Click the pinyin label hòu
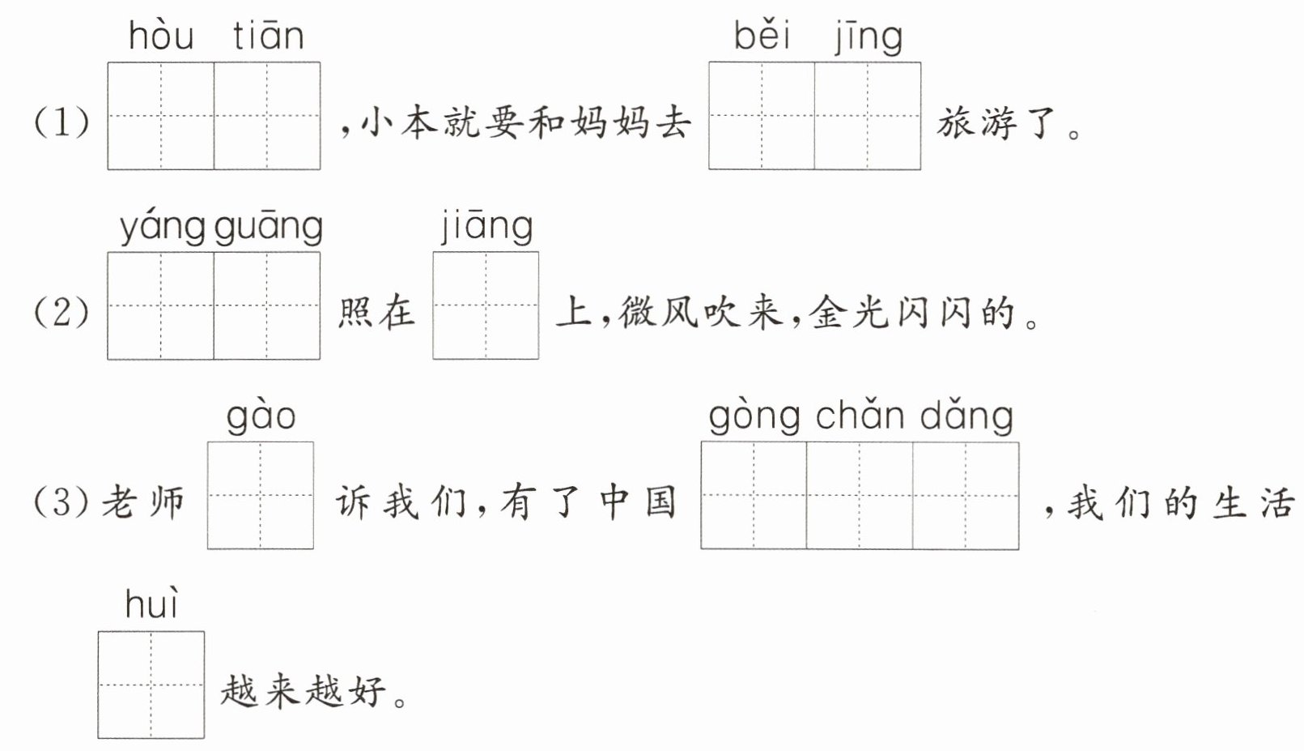pyautogui.click(x=160, y=36)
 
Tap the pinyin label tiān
pyautogui.click(x=268, y=36)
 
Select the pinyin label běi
pyautogui.click(x=762, y=36)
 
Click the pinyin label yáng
pyautogui.click(x=163, y=228)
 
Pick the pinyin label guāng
pyautogui.click(x=269, y=228)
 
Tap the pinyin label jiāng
pyautogui.click(x=486, y=227)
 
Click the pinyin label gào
pyautogui.click(x=261, y=416)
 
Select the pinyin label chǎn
pyautogui.click(x=859, y=416)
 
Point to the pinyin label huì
pyautogui.click(x=152, y=605)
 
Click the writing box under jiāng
pyautogui.click(x=486, y=305)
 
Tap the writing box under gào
pyautogui.click(x=261, y=495)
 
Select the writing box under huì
pyautogui.click(x=151, y=685)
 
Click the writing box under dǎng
pyautogui.click(x=966, y=495)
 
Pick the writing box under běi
pyautogui.click(x=762, y=116)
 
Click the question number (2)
pyautogui.click(x=62, y=312)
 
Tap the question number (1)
pyautogui.click(x=62, y=122)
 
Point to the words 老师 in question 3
pyautogui.click(x=143, y=502)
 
